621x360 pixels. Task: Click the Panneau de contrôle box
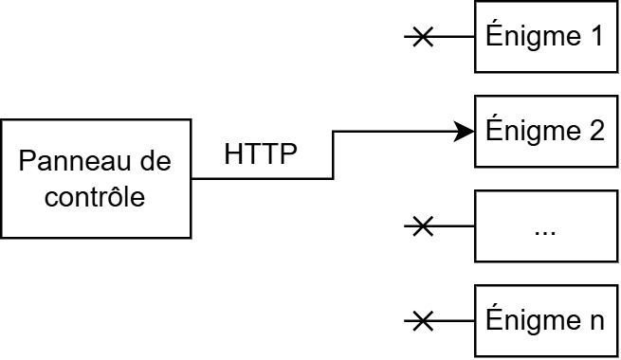(95, 178)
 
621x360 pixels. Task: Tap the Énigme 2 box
(545, 131)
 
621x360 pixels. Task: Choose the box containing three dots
(545, 225)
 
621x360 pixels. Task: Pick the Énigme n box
(545, 320)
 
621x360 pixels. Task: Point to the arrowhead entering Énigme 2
(465, 132)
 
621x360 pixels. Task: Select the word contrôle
(95, 198)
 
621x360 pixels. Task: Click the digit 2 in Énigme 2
(595, 131)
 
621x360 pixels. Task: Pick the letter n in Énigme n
(595, 320)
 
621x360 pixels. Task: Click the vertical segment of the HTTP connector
(334, 154)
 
